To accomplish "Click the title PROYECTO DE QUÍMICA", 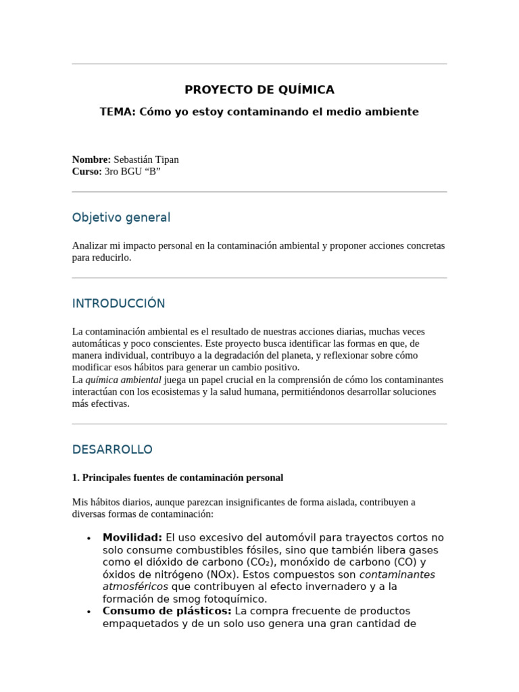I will pos(259,90).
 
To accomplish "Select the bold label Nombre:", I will pos(91,159).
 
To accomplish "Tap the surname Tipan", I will pos(166,159).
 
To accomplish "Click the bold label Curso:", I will pos(87,172).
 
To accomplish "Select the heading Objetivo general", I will pos(121,218).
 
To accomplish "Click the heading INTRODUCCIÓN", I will pos(118,303).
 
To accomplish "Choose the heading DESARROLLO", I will pos(112,449).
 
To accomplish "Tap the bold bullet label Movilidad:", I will pos(132,538).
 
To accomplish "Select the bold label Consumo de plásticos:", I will pos(167,612).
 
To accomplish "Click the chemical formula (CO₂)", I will pos(259,562).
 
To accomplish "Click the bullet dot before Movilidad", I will pos(89,539).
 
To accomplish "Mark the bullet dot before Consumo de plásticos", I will pos(89,612).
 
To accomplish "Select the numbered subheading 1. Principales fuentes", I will pos(177,478).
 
